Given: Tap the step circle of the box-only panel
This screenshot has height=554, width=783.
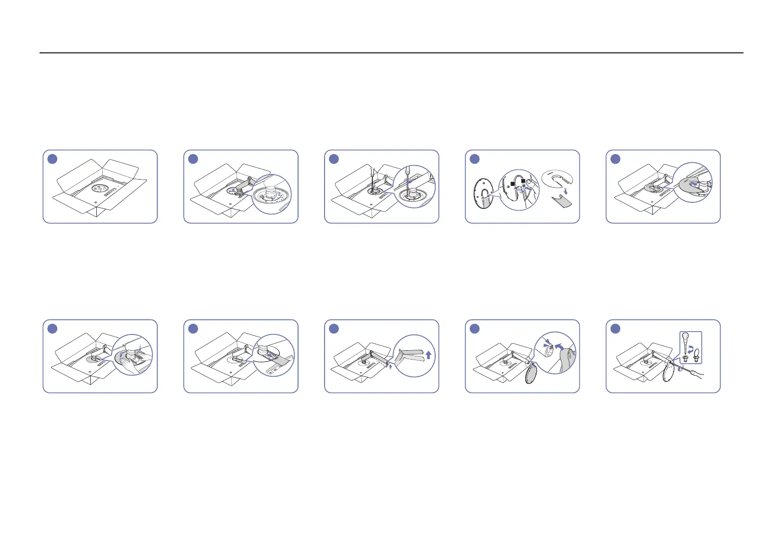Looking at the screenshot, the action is (x=53, y=159).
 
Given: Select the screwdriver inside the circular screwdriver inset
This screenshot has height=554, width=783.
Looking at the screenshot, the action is (x=408, y=179).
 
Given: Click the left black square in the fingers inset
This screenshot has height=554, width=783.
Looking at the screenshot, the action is (x=512, y=184).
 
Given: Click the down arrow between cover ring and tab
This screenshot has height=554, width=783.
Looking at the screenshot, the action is (x=565, y=191).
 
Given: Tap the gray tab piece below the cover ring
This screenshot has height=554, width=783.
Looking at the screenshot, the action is (x=561, y=204).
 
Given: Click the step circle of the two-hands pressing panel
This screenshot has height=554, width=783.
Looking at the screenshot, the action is (x=53, y=328).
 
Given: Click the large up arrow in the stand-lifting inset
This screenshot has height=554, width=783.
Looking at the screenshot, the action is (x=428, y=355).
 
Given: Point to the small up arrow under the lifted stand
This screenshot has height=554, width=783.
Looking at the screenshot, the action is (x=390, y=367).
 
